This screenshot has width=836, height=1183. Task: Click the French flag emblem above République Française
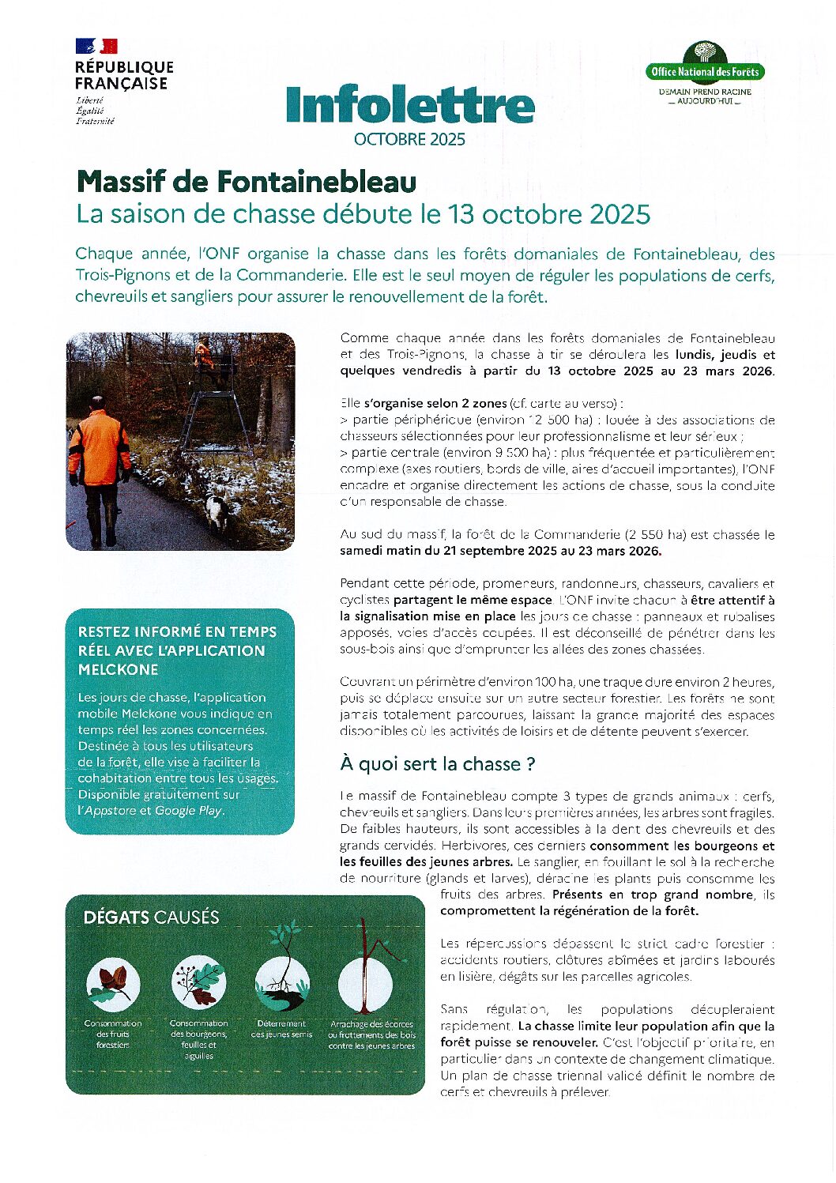coord(96,46)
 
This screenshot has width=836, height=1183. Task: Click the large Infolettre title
coord(410,105)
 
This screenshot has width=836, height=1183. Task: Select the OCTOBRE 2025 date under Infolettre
coord(409,140)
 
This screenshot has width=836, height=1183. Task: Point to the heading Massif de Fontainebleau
coord(247,182)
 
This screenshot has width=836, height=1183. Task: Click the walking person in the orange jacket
coord(100,466)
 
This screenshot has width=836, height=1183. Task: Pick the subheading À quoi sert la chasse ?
coord(438,764)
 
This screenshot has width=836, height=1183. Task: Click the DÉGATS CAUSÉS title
coord(152,917)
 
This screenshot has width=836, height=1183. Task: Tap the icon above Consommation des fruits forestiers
coord(113,985)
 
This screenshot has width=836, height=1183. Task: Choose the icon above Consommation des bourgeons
coord(199,983)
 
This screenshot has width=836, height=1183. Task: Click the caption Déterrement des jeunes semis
coord(282,1029)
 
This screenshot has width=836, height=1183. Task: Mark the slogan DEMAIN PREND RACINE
coord(705,92)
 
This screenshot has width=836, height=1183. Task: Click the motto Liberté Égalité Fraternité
coord(95,111)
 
